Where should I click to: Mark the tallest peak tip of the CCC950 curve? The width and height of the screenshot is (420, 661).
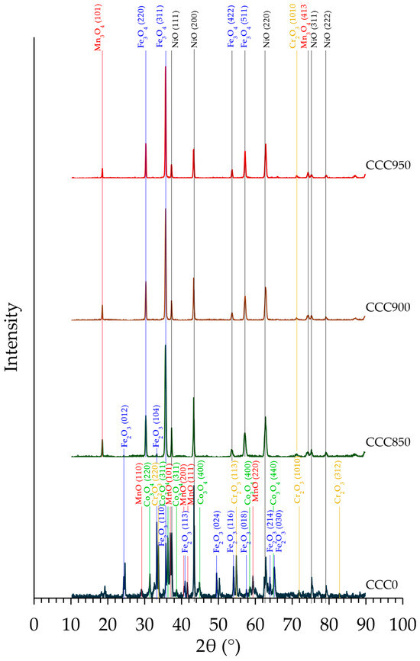[x=166, y=66]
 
